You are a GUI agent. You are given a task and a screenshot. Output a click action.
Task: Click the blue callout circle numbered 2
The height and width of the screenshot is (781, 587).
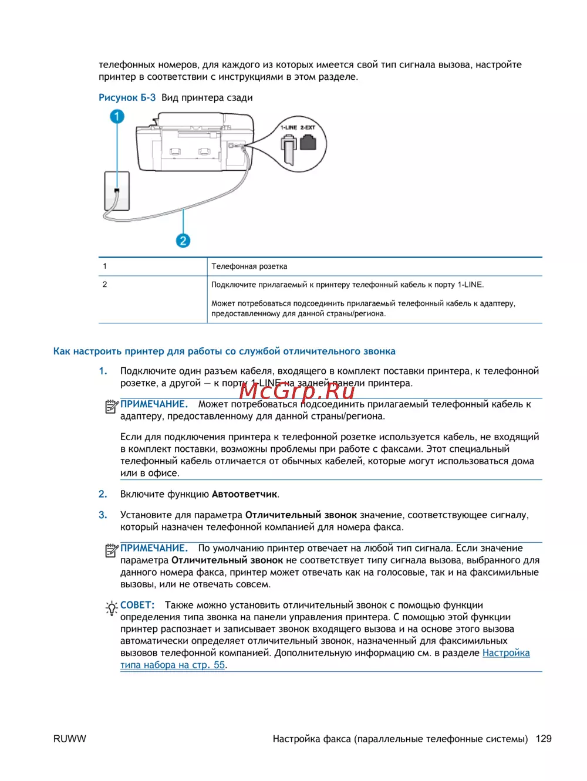tap(183, 241)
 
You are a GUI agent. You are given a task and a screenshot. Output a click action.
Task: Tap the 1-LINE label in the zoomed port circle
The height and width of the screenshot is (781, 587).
tap(288, 127)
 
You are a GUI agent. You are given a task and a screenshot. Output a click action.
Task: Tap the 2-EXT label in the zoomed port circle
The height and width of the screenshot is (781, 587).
tap(308, 127)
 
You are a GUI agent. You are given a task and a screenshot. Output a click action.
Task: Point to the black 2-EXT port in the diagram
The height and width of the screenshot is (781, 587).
tap(308, 143)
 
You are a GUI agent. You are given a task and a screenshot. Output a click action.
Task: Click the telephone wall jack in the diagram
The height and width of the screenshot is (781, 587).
tap(117, 191)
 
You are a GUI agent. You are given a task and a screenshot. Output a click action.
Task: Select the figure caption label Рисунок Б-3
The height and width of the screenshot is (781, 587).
tap(127, 97)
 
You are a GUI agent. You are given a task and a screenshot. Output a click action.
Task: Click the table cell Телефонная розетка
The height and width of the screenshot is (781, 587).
tap(249, 266)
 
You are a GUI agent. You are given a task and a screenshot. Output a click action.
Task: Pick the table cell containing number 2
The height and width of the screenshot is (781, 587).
tap(105, 285)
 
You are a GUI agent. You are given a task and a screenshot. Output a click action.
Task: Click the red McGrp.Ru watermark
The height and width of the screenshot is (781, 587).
tap(297, 389)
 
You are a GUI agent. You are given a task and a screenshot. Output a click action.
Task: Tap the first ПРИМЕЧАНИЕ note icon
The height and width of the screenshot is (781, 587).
tap(112, 406)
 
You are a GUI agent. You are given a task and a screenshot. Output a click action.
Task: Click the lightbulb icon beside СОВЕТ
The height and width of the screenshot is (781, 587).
tap(112, 608)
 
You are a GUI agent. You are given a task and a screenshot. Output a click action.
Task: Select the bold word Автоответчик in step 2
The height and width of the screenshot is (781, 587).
tap(244, 494)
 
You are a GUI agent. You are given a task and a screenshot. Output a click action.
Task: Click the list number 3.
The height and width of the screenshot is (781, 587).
tap(103, 515)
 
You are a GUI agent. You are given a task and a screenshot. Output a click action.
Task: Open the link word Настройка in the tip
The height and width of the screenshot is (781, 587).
tap(505, 653)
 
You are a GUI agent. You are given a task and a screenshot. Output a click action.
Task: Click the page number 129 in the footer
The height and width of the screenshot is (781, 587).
tap(544, 739)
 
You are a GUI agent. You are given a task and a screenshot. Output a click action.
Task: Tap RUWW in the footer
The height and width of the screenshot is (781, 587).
tap(69, 739)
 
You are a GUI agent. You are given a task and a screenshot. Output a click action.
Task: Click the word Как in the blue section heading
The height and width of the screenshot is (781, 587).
tap(61, 351)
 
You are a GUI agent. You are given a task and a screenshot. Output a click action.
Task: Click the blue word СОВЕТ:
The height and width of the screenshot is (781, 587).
tap(137, 605)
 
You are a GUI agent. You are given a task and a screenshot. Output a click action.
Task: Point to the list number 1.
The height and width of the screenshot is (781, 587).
tap(103, 371)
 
